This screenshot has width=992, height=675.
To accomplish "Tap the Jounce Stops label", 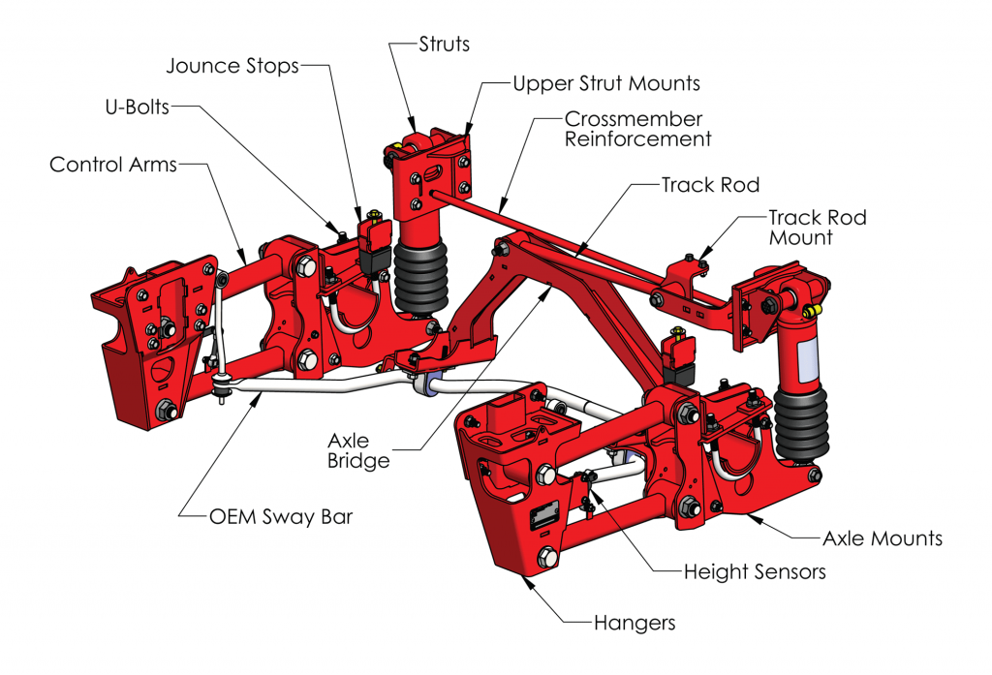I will (x=232, y=66).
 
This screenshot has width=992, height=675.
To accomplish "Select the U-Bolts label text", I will (x=138, y=107).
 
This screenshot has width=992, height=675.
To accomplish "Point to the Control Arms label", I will (x=113, y=165).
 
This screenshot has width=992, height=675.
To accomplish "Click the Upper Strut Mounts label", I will (x=606, y=83).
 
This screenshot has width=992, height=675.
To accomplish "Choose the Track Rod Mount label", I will (x=817, y=227).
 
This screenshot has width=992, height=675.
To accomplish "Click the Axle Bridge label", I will (x=358, y=450).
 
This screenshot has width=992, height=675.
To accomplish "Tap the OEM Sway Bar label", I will (x=281, y=516).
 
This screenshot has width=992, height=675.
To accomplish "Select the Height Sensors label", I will (x=755, y=571).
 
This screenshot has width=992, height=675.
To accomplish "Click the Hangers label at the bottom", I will (x=634, y=622).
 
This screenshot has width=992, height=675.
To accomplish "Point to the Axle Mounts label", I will (x=882, y=537).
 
